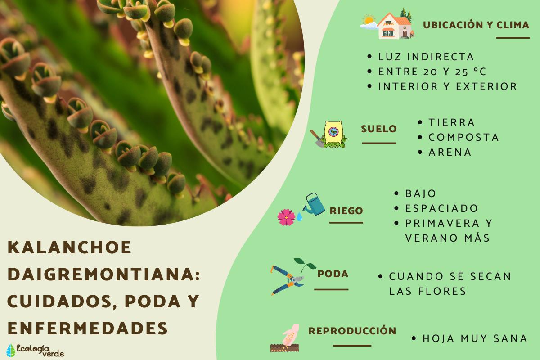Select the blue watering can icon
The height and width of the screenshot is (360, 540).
315,205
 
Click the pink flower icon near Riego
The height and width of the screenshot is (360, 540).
286,217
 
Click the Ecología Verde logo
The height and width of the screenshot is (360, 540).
35,350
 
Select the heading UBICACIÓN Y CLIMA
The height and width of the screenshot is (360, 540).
476,25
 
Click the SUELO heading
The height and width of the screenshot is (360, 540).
378,129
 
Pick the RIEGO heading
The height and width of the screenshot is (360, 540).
346,211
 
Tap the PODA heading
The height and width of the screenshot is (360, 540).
333,274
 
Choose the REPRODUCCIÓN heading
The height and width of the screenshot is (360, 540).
352,331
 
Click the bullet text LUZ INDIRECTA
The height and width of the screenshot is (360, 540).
426,57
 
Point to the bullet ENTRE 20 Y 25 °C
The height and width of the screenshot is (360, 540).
432,72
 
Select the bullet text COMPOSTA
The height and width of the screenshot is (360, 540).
463,137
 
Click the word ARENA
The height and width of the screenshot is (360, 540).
450,152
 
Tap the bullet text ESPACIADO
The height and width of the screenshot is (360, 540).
441,208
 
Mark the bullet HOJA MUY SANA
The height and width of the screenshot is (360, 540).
475,338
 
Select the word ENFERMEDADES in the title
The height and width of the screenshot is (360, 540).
88,328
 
